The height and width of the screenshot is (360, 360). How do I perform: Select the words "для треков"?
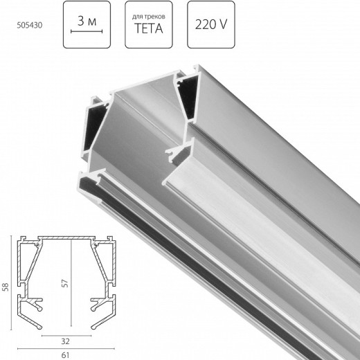pos(149,14)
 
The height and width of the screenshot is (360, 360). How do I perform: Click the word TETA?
pos(149,30)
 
